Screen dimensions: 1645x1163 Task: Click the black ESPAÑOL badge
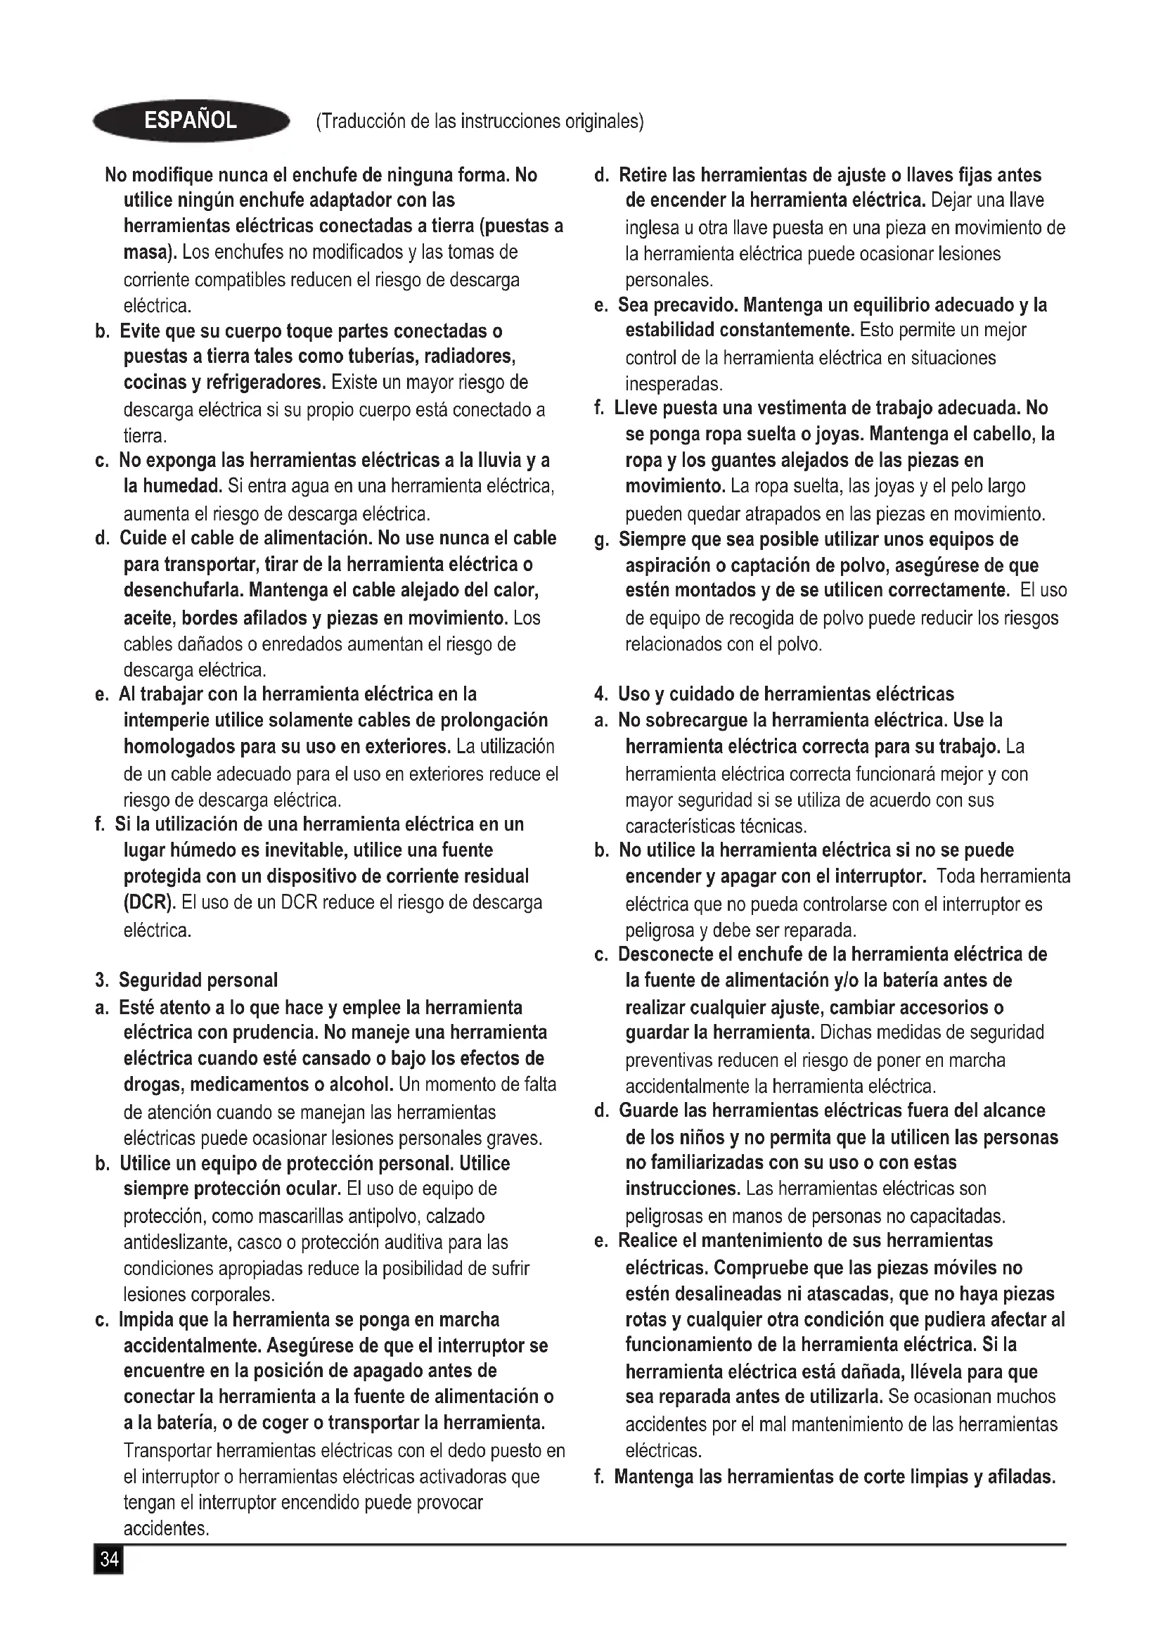pos(191,121)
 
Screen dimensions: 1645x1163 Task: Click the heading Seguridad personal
pos(198,980)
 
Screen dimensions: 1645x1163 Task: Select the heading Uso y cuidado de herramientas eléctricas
pos(785,693)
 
